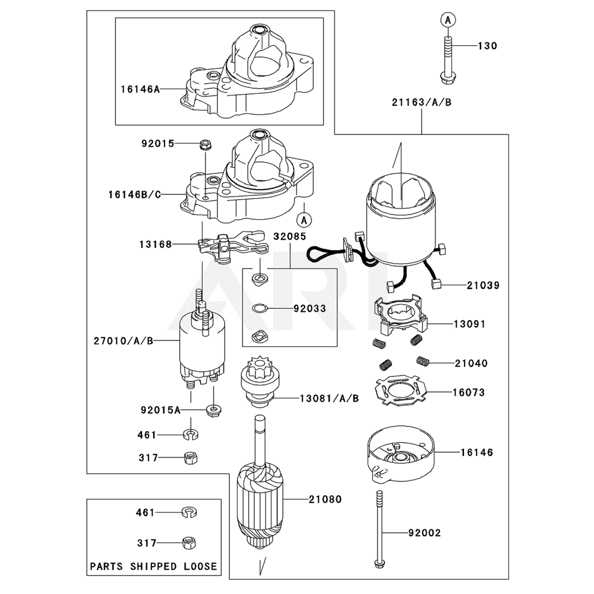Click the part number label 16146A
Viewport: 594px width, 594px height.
140,89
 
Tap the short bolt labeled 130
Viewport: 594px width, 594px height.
447,59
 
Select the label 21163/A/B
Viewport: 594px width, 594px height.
421,102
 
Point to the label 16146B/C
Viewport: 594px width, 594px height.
134,194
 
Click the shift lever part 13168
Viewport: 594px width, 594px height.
223,247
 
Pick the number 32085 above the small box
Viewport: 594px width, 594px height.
290,236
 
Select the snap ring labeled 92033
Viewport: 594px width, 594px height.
258,308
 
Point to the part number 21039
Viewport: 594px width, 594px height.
482,286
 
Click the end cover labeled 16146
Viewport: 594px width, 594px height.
400,454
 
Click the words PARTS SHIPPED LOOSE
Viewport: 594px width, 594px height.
153,566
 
